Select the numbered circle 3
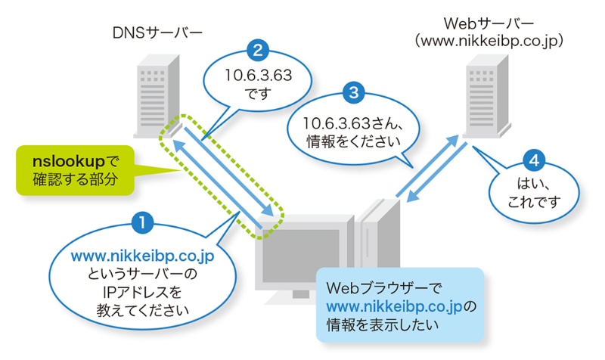click(354, 93)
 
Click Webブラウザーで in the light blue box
click(378, 290)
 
